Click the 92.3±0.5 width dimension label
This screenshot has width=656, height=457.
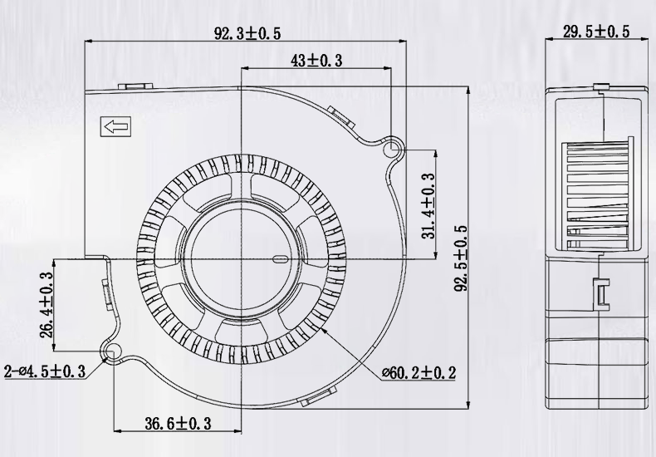click(247, 33)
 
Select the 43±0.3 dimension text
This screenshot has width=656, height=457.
click(317, 60)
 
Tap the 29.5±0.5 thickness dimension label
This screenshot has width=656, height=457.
click(595, 32)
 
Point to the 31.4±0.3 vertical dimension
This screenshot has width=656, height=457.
click(428, 205)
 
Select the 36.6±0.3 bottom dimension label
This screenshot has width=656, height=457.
click(178, 424)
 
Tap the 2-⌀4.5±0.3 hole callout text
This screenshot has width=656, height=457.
click(46, 371)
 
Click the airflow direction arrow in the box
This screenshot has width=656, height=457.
click(115, 128)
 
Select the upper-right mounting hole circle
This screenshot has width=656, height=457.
click(394, 150)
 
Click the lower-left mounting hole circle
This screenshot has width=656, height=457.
click(111, 352)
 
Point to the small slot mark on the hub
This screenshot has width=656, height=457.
click(280, 258)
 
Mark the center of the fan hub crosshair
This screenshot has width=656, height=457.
click(241, 258)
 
